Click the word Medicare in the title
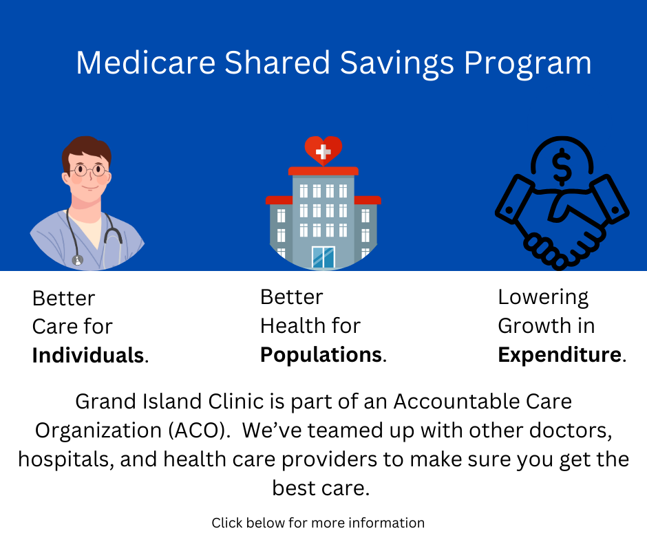click(x=146, y=63)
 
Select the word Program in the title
click(x=528, y=64)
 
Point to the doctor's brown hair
click(x=86, y=149)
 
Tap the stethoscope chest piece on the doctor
click(x=78, y=260)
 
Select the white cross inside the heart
click(x=323, y=152)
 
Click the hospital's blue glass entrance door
click(x=323, y=257)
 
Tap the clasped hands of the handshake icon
click(x=562, y=225)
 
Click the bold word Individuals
click(x=88, y=355)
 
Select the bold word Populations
click(x=321, y=355)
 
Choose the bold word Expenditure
click(x=560, y=355)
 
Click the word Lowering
click(x=543, y=298)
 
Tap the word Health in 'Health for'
click(x=293, y=326)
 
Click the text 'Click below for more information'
click(x=318, y=523)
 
